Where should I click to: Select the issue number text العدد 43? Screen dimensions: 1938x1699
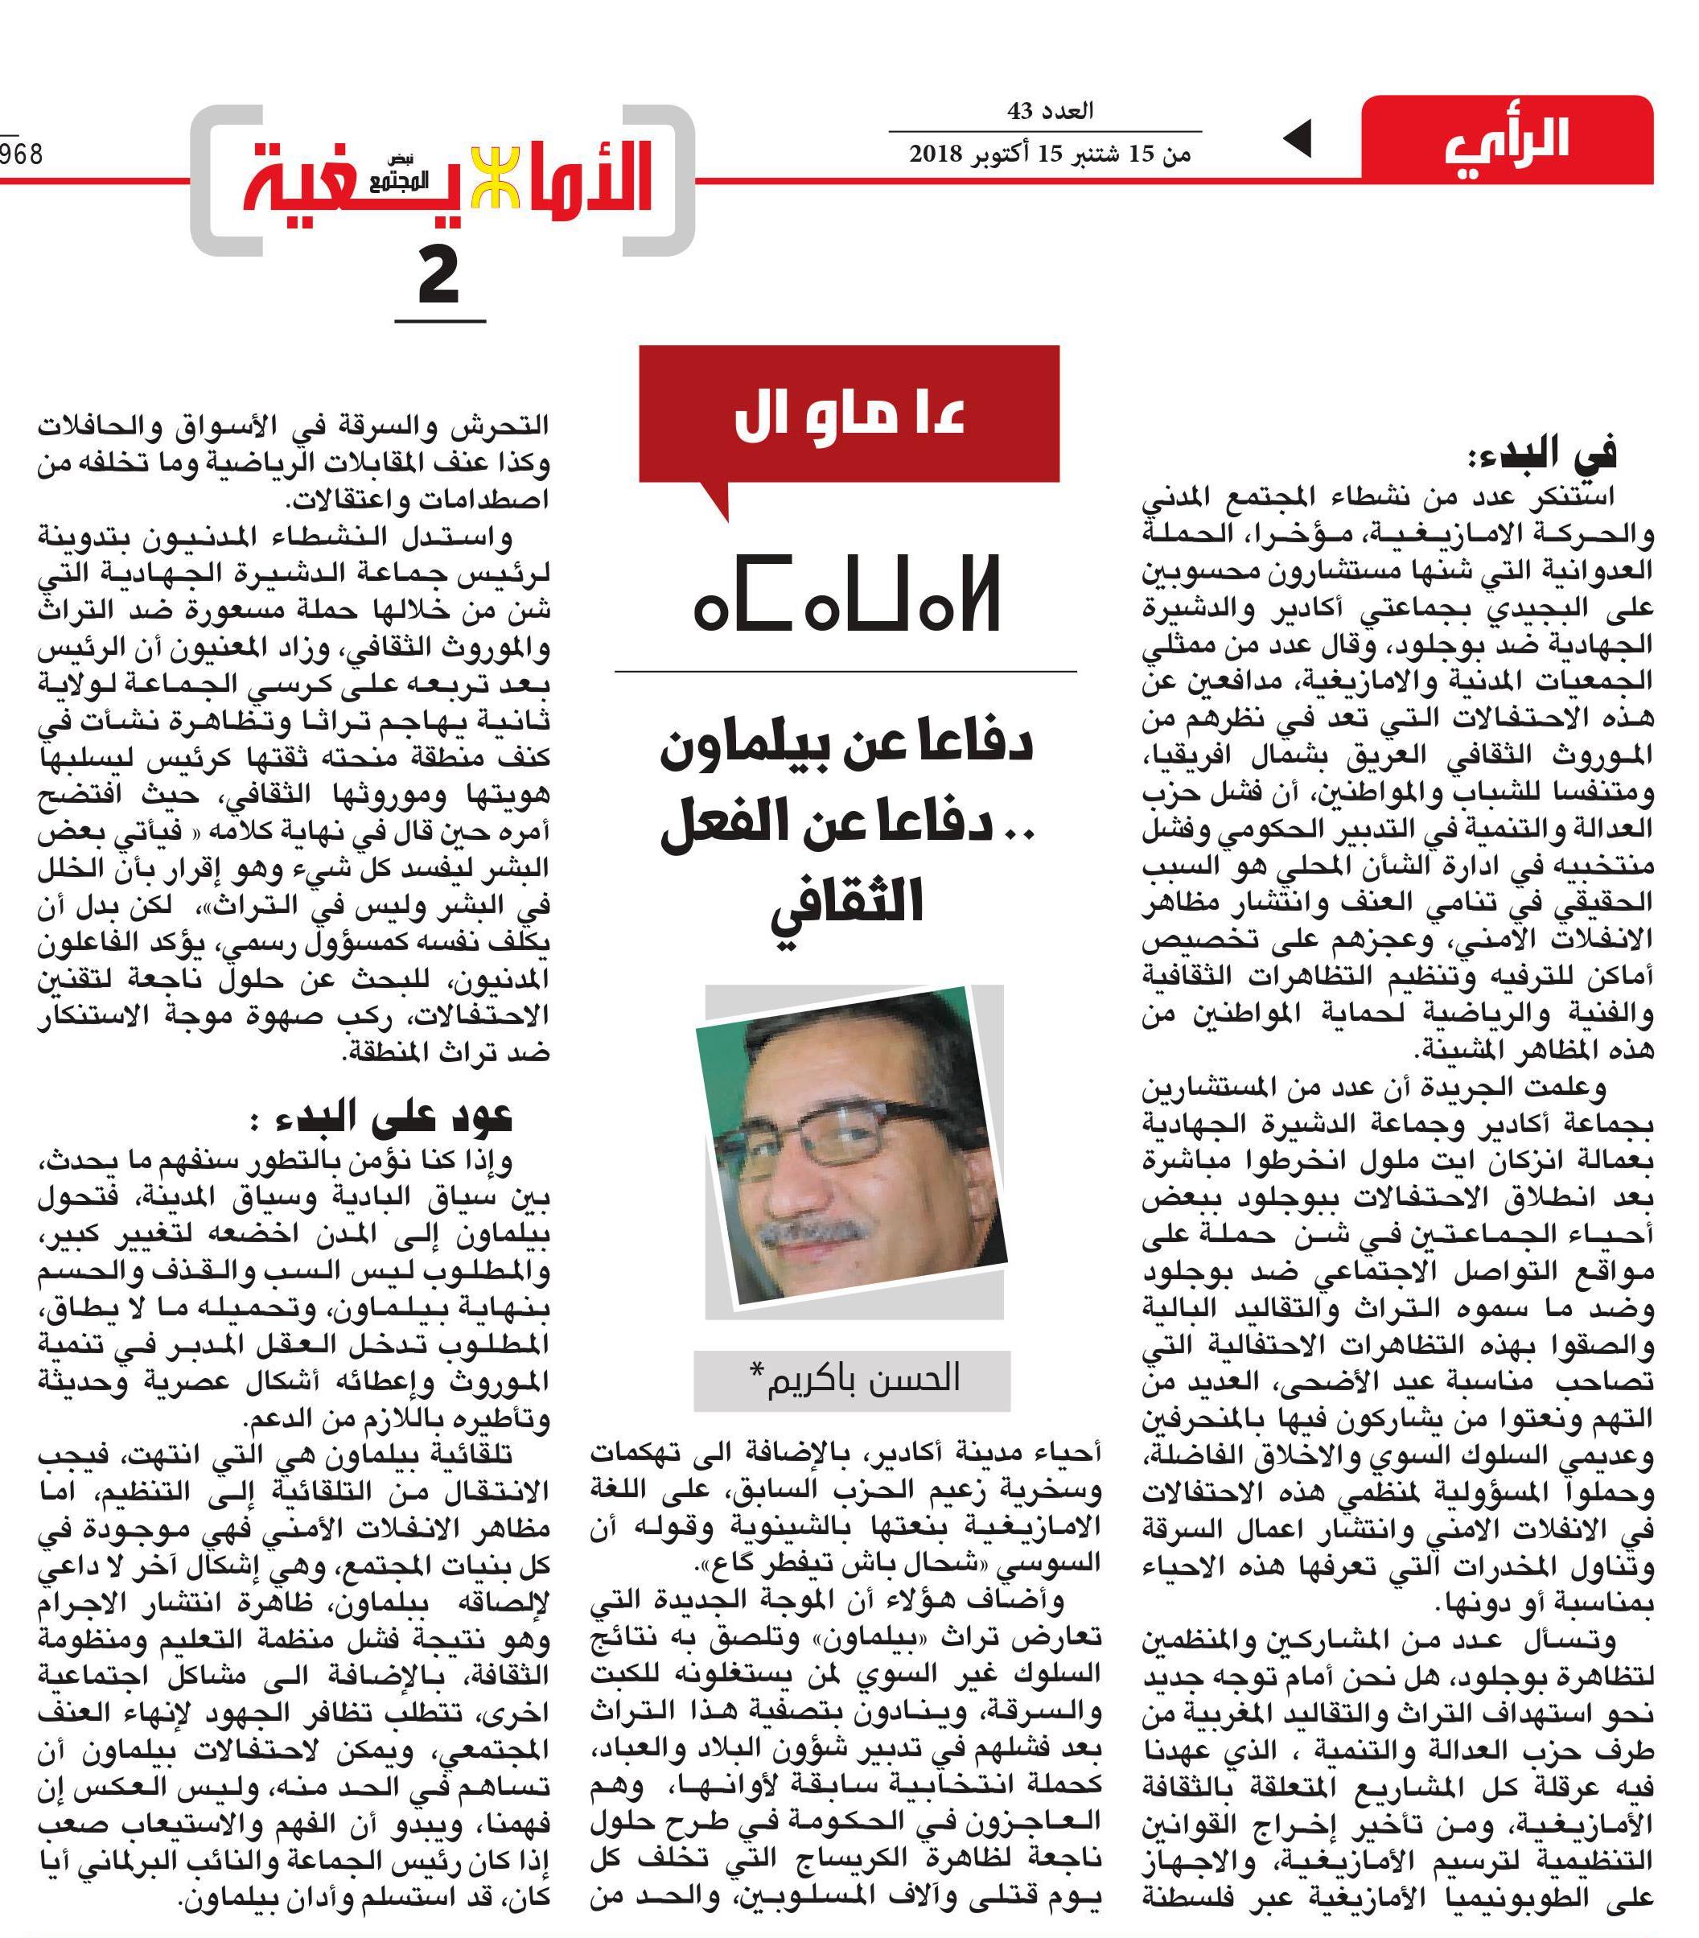(x=1050, y=111)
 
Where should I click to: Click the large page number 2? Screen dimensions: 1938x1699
(x=439, y=277)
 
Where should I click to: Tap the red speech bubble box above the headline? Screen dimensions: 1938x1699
(x=849, y=418)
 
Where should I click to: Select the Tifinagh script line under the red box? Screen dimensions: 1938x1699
(x=846, y=599)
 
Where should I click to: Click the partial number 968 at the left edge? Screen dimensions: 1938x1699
(x=21, y=154)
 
